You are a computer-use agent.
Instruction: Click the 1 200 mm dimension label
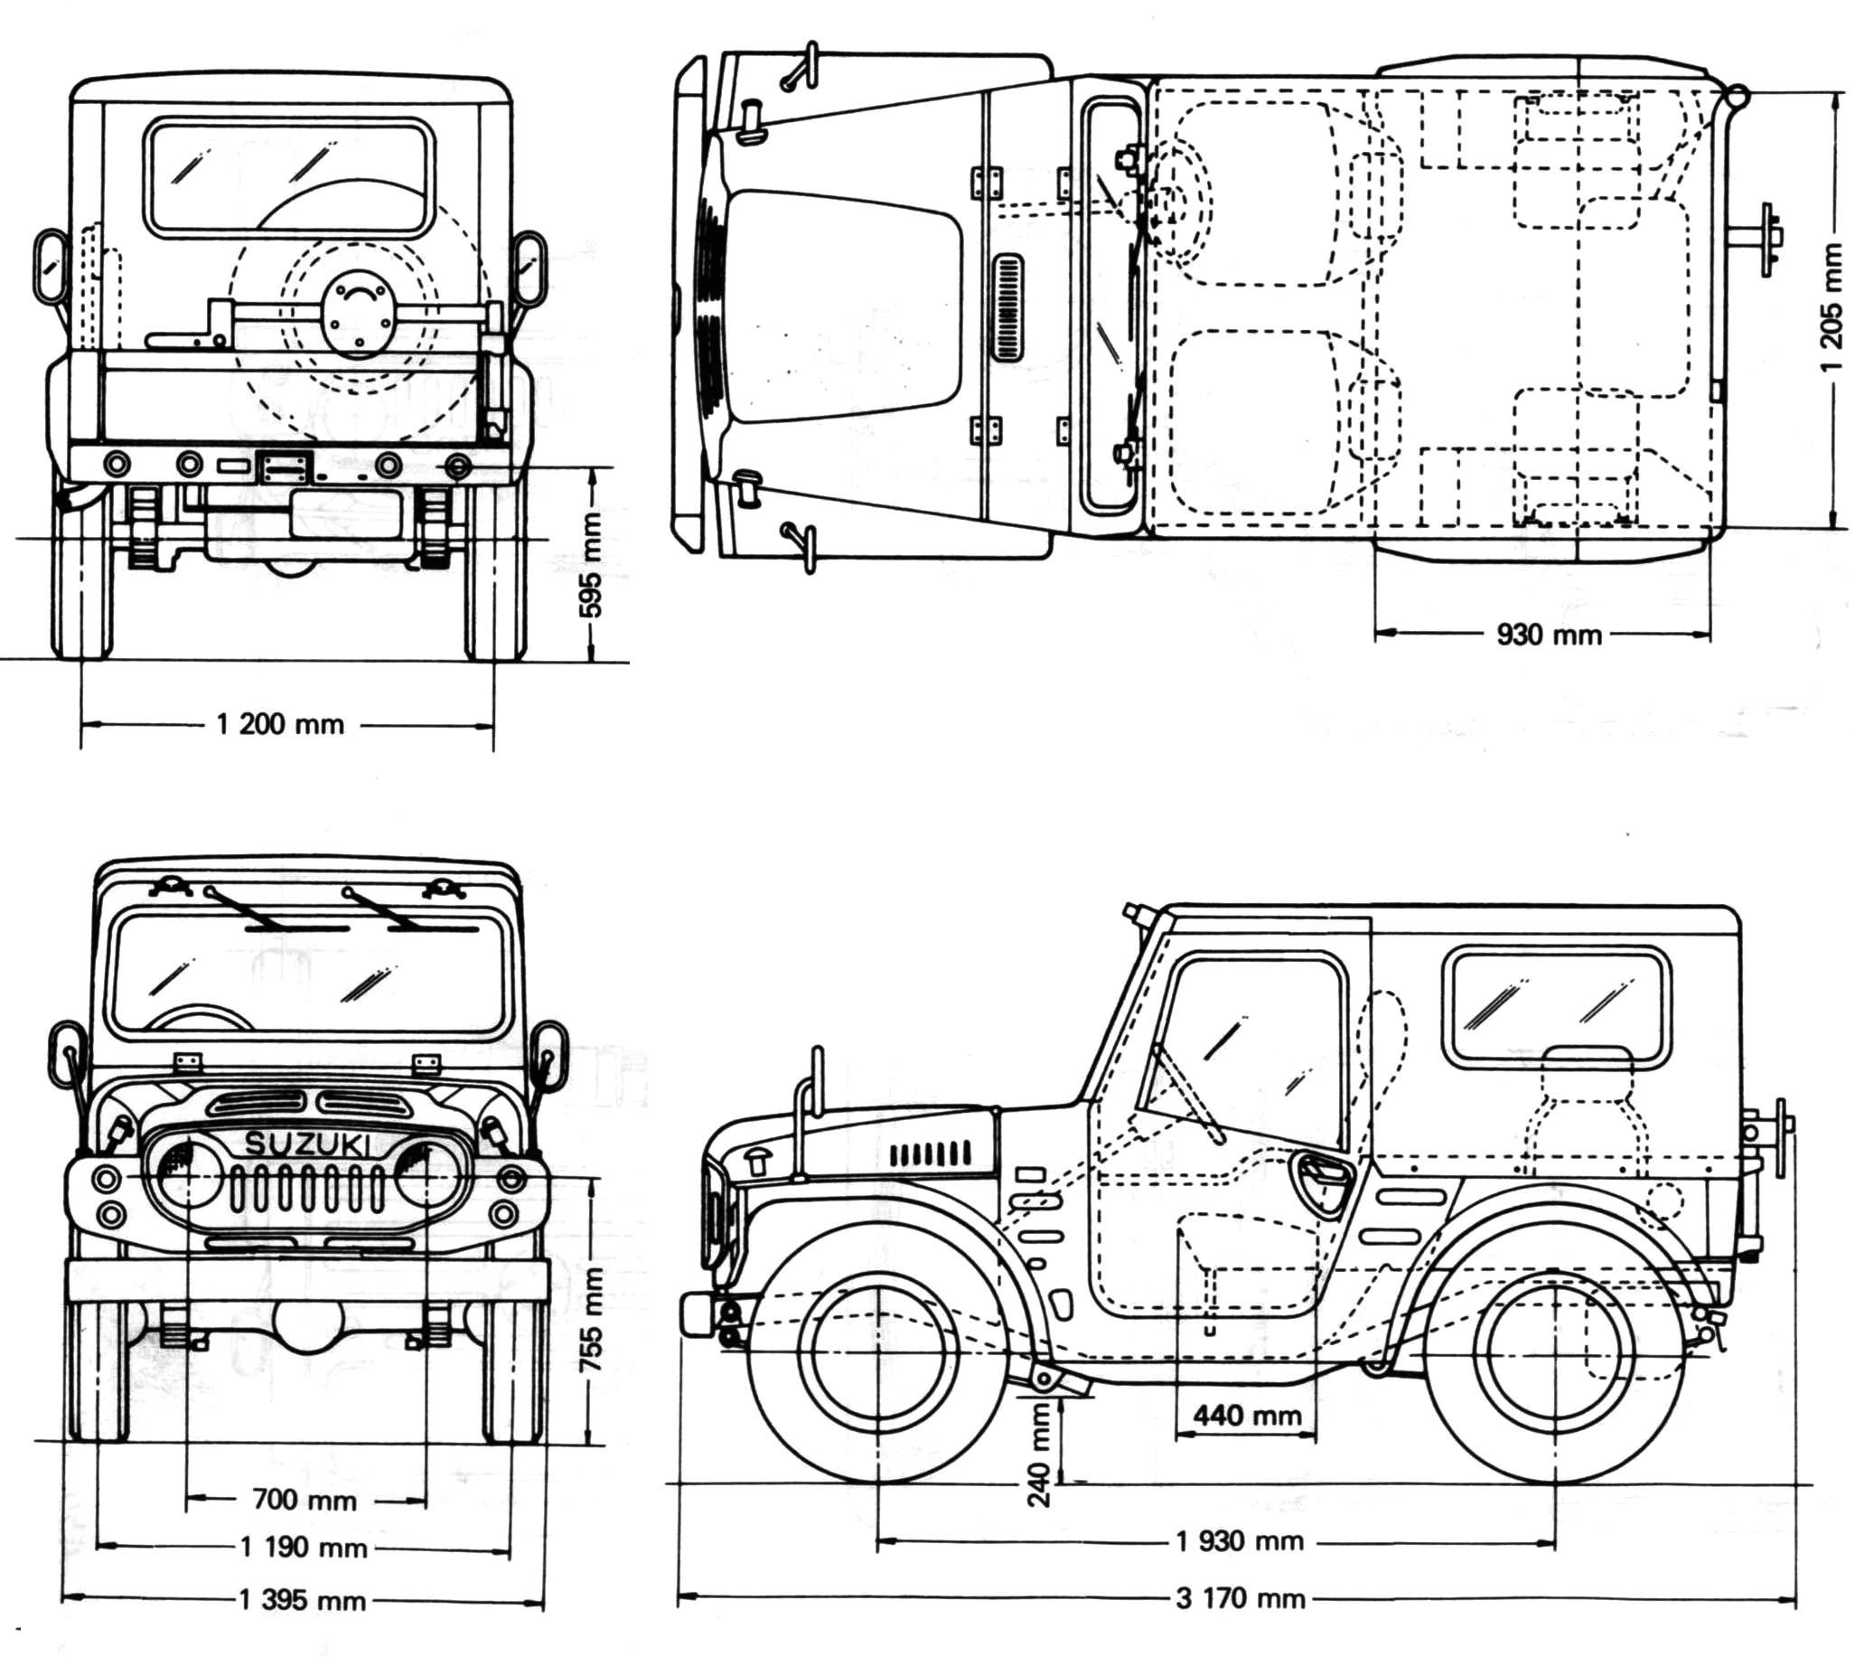pyautogui.click(x=280, y=725)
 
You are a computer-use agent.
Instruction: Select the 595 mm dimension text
pyautogui.click(x=592, y=564)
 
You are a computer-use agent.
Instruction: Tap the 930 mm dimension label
pyautogui.click(x=1549, y=635)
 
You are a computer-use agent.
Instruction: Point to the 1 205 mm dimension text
pyautogui.click(x=1832, y=310)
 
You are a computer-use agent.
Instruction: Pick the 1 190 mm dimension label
pyautogui.click(x=303, y=1547)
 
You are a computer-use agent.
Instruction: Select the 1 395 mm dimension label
pyautogui.click(x=302, y=1600)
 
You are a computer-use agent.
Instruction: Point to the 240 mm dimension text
pyautogui.click(x=1038, y=1467)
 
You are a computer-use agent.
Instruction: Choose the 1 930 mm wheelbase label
pyautogui.click(x=1240, y=1540)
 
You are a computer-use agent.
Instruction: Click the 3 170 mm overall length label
pyautogui.click(x=1240, y=1598)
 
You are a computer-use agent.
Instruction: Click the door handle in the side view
pyautogui.click(x=1321, y=1171)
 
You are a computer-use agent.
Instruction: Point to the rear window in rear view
pyautogui.click(x=288, y=178)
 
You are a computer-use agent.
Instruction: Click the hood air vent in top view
pyautogui.click(x=1007, y=307)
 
